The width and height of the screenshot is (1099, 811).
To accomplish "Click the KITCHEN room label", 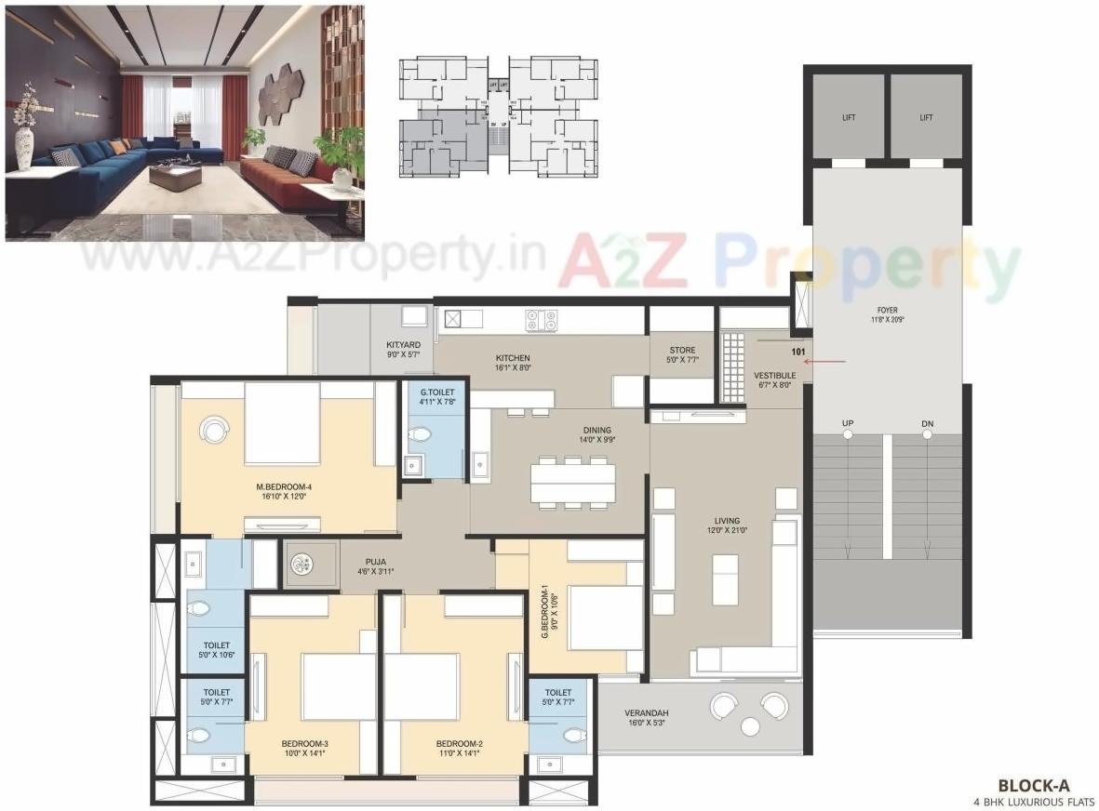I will pos(513,358).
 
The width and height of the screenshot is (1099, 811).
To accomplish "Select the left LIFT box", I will pos(848,117).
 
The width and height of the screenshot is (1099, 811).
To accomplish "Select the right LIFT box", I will pos(926,117).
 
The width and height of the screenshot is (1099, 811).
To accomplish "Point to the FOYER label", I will pos(887,311).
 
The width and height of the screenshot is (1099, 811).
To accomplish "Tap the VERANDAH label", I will pos(646,712).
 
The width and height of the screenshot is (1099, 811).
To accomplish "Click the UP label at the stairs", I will pos(848,424).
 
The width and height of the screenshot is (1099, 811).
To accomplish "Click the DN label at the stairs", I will pos(927,424).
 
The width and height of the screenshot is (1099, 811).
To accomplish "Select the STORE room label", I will pos(682,351).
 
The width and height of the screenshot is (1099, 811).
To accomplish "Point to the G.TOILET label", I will pos(436,392).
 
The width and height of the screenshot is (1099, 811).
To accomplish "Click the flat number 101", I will pos(797,352).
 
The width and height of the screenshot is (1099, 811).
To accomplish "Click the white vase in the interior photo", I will pos(23,149).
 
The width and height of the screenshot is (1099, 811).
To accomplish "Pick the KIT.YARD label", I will pos(404,345).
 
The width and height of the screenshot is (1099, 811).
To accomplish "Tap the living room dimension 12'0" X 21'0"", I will pos(727,531).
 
